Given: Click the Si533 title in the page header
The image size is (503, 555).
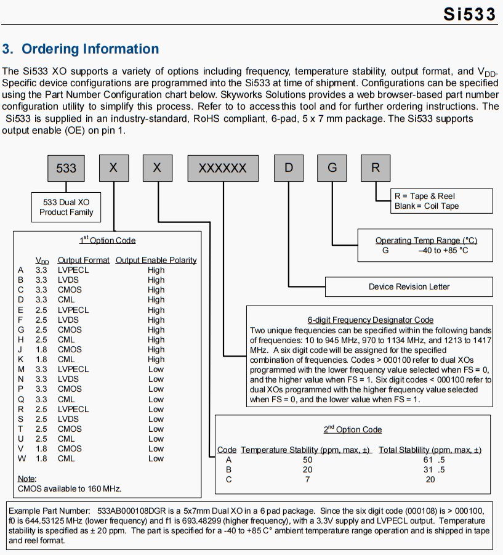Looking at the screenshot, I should [469, 15].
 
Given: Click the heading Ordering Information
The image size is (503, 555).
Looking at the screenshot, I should [81, 49].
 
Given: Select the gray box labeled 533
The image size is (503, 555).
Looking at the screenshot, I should [66, 168].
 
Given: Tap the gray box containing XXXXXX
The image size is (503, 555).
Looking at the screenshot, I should [222, 168].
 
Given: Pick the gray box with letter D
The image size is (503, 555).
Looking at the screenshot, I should [289, 168].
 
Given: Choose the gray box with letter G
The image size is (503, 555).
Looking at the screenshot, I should [332, 168].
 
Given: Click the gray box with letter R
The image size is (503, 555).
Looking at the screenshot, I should [376, 168].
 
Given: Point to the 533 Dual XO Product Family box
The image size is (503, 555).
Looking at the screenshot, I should [66, 207].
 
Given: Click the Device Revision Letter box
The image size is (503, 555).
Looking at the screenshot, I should [409, 286].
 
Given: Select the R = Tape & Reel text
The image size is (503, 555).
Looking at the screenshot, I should [425, 196].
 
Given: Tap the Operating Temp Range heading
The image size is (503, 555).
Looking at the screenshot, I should [426, 240].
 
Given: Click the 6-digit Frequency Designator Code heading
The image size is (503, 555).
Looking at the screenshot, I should [371, 320].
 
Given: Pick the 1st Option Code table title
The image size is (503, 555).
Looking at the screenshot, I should [108, 240].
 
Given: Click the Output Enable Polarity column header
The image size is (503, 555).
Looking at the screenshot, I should [156, 260].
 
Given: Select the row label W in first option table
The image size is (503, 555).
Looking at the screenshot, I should [22, 458].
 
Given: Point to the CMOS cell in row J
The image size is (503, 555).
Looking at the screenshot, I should [70, 349].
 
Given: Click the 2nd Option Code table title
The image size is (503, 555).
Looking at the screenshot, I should [353, 429].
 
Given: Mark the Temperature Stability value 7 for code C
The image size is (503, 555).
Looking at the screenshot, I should [307, 479].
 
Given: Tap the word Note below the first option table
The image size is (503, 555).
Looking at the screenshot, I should [27, 479].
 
